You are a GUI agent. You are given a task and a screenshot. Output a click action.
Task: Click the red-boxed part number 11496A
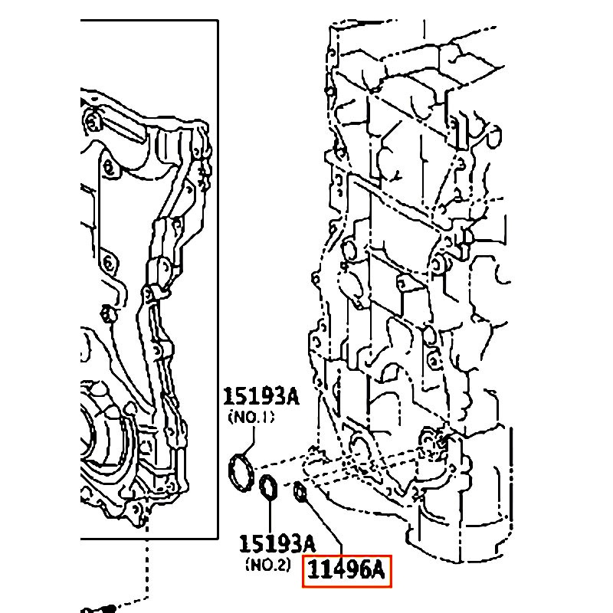click(x=346, y=570)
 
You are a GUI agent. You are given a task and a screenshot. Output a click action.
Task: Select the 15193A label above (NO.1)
click(x=261, y=397)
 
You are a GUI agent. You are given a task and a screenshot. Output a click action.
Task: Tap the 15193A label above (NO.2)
click(x=277, y=544)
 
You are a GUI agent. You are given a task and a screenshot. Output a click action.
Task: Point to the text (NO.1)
click(x=251, y=417)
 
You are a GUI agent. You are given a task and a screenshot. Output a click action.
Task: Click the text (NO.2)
click(x=268, y=564)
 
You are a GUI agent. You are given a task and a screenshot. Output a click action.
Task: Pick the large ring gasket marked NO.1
click(x=241, y=473)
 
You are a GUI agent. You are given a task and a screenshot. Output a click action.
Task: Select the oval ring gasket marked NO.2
click(x=269, y=487)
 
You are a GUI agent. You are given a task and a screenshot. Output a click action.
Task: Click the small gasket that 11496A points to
click(x=300, y=491)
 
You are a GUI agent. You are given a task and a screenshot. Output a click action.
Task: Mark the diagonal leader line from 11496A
click(x=323, y=523)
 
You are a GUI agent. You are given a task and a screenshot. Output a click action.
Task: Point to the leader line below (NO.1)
click(x=250, y=440)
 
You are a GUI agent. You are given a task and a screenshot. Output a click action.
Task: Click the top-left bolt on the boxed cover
click(x=92, y=121)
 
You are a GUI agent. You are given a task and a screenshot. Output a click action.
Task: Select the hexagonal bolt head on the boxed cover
click(x=107, y=314)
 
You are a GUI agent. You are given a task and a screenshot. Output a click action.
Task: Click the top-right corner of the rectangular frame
click(x=218, y=21)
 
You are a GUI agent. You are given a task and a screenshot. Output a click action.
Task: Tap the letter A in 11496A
click(x=377, y=570)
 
